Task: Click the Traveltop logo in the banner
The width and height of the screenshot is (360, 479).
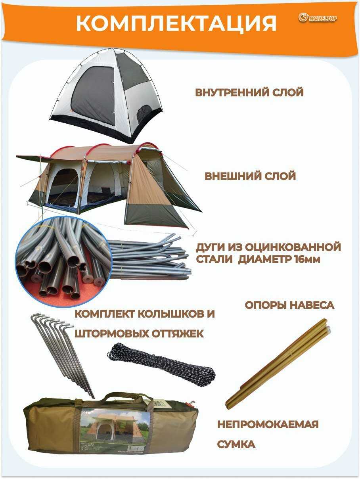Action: [318, 18]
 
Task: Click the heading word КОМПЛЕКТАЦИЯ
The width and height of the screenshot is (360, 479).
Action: [176, 23]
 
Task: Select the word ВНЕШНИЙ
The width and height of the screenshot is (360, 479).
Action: [232, 176]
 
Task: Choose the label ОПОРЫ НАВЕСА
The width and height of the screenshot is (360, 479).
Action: [289, 305]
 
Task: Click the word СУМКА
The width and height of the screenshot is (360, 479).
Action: [236, 444]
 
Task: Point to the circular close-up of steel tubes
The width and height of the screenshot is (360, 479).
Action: [64, 261]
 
